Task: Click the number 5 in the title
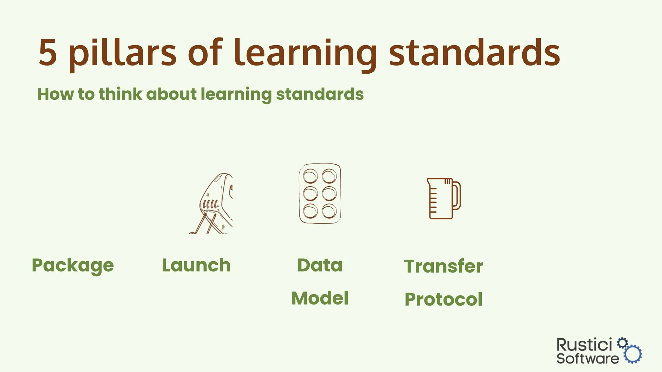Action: (48, 53)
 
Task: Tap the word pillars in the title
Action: (123, 53)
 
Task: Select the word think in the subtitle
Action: (120, 94)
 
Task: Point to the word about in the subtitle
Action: (171, 94)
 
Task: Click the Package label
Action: (73, 265)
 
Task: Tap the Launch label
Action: (196, 265)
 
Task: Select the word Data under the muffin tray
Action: (320, 265)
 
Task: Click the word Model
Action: (320, 298)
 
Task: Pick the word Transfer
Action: (443, 266)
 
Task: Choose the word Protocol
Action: (443, 299)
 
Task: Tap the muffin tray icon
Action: (320, 193)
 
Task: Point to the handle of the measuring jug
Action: (457, 196)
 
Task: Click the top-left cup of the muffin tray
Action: (310, 177)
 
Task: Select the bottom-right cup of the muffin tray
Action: (329, 212)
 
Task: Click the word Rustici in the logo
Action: (584, 345)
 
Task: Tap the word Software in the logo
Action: (587, 358)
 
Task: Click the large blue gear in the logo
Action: (633, 354)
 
